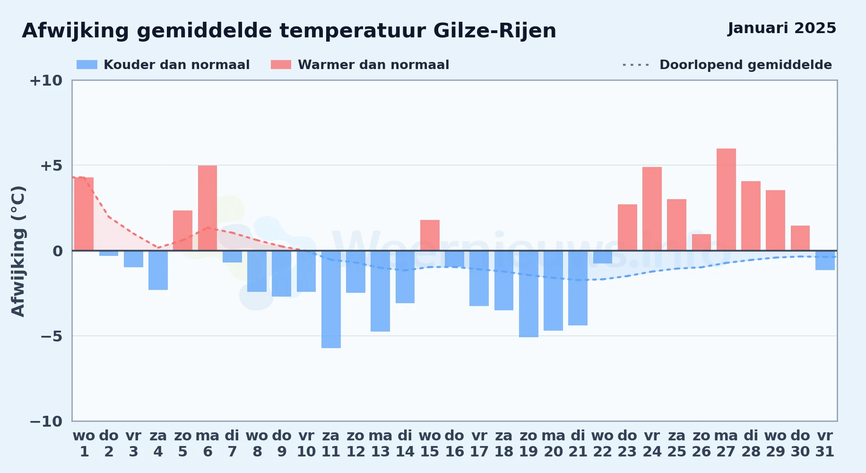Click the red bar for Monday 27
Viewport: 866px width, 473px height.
coord(726,200)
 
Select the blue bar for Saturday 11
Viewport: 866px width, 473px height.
coord(331,299)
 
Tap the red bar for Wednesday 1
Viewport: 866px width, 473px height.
coord(84,214)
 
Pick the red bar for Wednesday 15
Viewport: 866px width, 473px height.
coord(430,235)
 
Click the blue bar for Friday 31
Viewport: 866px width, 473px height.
coord(825,260)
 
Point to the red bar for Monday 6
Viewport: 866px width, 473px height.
coord(208,208)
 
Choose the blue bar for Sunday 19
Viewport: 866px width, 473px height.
coord(528,294)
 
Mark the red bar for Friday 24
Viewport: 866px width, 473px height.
coord(652,209)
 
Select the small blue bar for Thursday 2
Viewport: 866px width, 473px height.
coord(109,253)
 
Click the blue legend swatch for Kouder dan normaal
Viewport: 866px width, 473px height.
coord(87,65)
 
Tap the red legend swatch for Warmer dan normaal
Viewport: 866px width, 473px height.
coord(281,65)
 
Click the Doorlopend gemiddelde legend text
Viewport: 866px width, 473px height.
coord(745,65)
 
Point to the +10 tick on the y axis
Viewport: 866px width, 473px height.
coord(46,81)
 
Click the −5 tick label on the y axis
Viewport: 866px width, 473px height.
coord(52,336)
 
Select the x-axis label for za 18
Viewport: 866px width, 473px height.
coord(504,444)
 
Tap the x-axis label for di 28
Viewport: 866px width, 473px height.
coord(751,444)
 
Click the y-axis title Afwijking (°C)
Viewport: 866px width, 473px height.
coord(18,251)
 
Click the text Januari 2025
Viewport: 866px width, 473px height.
coord(782,28)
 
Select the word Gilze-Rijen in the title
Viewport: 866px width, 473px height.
coord(494,31)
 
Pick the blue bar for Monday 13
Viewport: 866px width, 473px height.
coord(380,291)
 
